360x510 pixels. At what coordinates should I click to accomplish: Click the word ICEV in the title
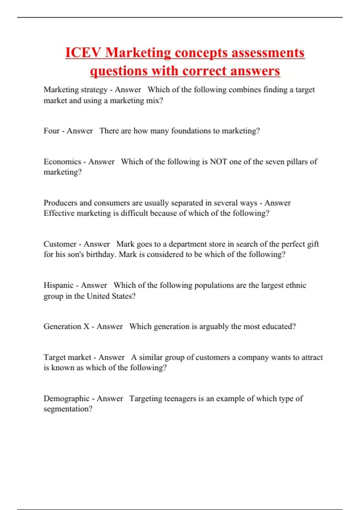point(83,53)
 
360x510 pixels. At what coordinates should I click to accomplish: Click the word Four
point(52,131)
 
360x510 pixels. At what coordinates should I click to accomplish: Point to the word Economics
point(62,162)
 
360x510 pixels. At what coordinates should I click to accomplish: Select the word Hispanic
point(58,285)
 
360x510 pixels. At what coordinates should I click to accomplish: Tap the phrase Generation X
point(67,326)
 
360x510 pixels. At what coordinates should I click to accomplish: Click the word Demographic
point(67,398)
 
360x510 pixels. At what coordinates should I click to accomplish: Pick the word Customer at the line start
point(60,244)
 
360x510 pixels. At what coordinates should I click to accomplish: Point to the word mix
point(153,100)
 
